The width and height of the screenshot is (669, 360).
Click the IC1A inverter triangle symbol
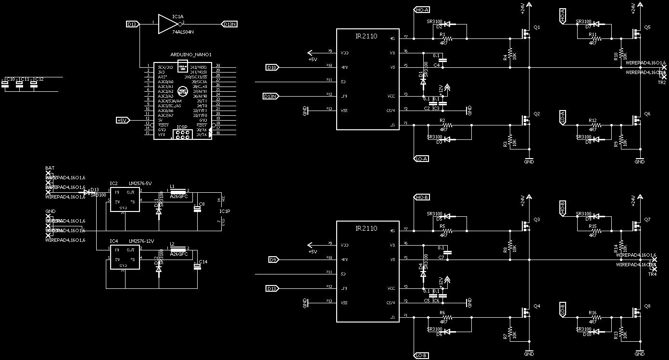[168, 24]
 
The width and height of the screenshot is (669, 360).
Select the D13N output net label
[229, 24]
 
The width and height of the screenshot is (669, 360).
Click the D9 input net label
[273, 260]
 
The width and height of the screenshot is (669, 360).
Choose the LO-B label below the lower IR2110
[421, 355]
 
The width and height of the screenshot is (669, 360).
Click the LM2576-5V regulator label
[140, 184]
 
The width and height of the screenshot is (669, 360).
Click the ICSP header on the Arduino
[181, 134]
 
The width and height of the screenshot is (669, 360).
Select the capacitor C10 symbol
[5, 84]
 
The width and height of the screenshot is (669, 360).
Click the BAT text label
[50, 168]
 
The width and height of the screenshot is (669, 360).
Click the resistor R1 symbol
[448, 38]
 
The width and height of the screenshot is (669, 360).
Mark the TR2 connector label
[661, 83]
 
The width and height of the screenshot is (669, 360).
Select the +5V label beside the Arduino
[122, 120]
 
